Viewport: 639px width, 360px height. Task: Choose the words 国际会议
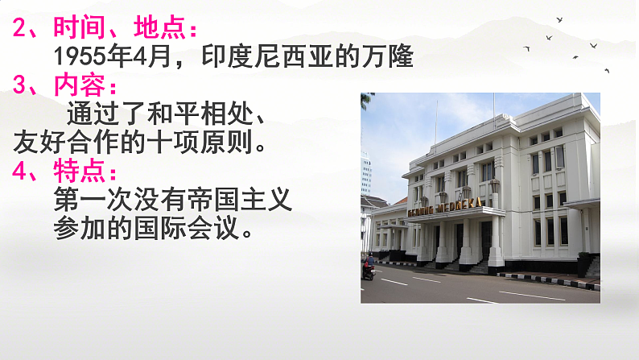point(199,229)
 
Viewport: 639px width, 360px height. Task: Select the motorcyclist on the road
point(369,268)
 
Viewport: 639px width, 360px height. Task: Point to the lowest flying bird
point(606,71)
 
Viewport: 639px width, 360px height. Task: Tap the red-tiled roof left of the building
point(375,201)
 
